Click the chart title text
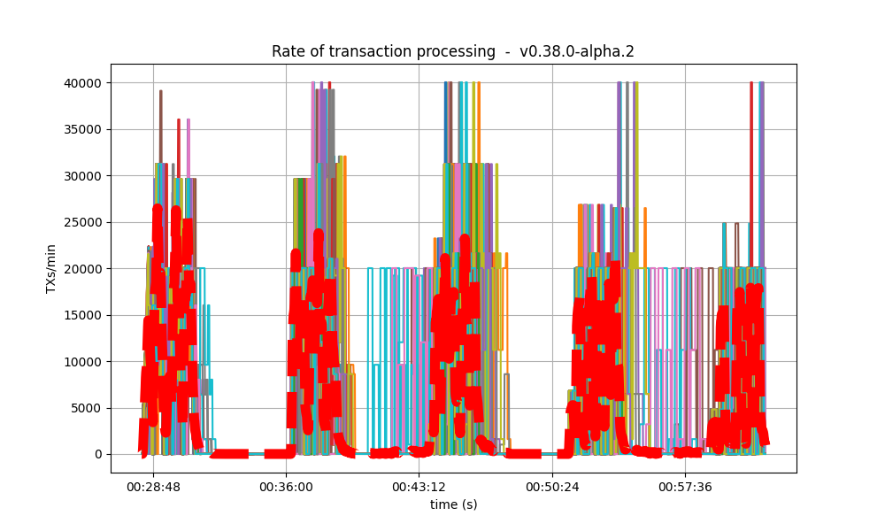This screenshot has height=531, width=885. tap(452, 51)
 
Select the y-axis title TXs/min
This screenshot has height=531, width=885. tap(51, 268)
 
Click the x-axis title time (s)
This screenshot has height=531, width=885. tap(453, 504)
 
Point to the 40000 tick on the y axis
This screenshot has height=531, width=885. tap(87, 83)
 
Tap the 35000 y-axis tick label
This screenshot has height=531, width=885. tap(87, 129)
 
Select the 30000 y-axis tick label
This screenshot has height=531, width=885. tap(87, 176)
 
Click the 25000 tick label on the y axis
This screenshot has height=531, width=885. tap(87, 222)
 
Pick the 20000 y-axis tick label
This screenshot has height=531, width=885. tap(87, 269)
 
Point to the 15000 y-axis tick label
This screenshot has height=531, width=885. tap(87, 315)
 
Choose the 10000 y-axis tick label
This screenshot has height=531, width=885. tap(87, 362)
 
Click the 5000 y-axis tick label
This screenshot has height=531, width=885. tap(90, 408)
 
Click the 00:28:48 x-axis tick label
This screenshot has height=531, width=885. tap(153, 487)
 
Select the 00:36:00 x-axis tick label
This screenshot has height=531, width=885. tap(286, 487)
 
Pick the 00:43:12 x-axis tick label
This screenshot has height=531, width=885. tap(419, 487)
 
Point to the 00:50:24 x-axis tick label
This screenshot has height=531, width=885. tap(552, 487)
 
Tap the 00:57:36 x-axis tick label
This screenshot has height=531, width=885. tap(686, 487)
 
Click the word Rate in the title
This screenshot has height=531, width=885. tap(287, 51)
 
